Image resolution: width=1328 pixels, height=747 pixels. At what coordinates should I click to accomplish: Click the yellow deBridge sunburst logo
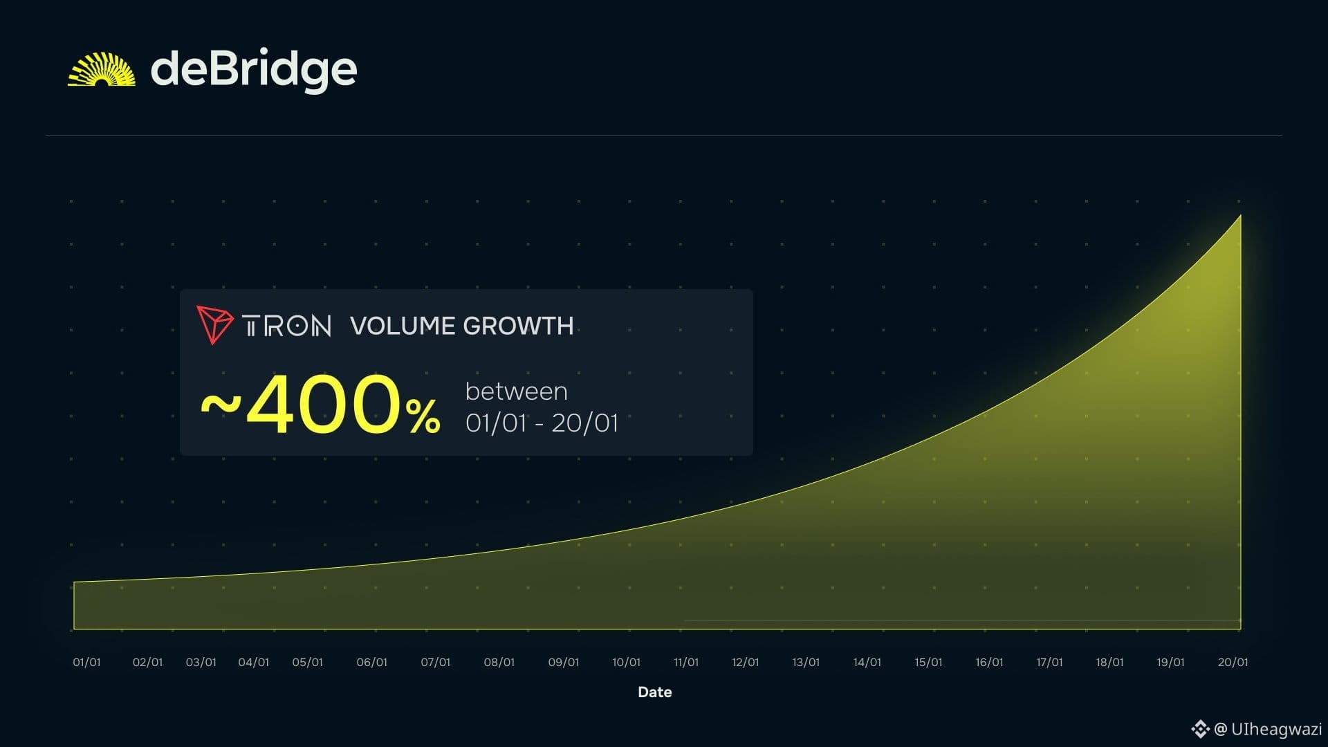click(x=102, y=69)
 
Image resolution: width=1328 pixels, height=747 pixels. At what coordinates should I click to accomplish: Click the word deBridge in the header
click(x=254, y=70)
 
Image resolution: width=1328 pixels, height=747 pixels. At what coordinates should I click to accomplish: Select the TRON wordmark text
click(x=286, y=326)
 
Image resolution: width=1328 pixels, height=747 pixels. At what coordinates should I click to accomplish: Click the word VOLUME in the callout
click(x=403, y=326)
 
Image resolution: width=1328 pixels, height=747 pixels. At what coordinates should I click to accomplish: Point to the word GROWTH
click(x=518, y=326)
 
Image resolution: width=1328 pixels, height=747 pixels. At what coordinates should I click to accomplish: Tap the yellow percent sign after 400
click(x=423, y=416)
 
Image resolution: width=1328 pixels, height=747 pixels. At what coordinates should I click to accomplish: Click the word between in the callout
click(x=517, y=391)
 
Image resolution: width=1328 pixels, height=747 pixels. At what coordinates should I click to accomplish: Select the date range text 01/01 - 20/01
click(x=542, y=423)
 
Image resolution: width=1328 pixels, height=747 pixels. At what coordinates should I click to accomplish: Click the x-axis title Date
click(x=655, y=692)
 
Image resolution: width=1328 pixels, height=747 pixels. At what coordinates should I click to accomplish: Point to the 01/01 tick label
click(x=86, y=663)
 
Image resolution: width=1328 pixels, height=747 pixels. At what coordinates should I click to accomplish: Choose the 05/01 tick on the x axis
click(x=308, y=663)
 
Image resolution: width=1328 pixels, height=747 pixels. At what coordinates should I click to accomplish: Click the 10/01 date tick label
click(x=627, y=663)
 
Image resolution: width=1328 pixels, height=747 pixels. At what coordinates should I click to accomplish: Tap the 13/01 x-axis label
click(x=806, y=663)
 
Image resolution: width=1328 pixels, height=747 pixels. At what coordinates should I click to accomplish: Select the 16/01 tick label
click(x=989, y=663)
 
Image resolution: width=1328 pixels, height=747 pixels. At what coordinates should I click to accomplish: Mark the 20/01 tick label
click(x=1233, y=663)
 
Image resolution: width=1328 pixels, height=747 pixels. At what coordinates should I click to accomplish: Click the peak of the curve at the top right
click(x=1241, y=215)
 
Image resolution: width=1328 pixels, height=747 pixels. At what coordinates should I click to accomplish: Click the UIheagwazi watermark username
click(x=1276, y=729)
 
